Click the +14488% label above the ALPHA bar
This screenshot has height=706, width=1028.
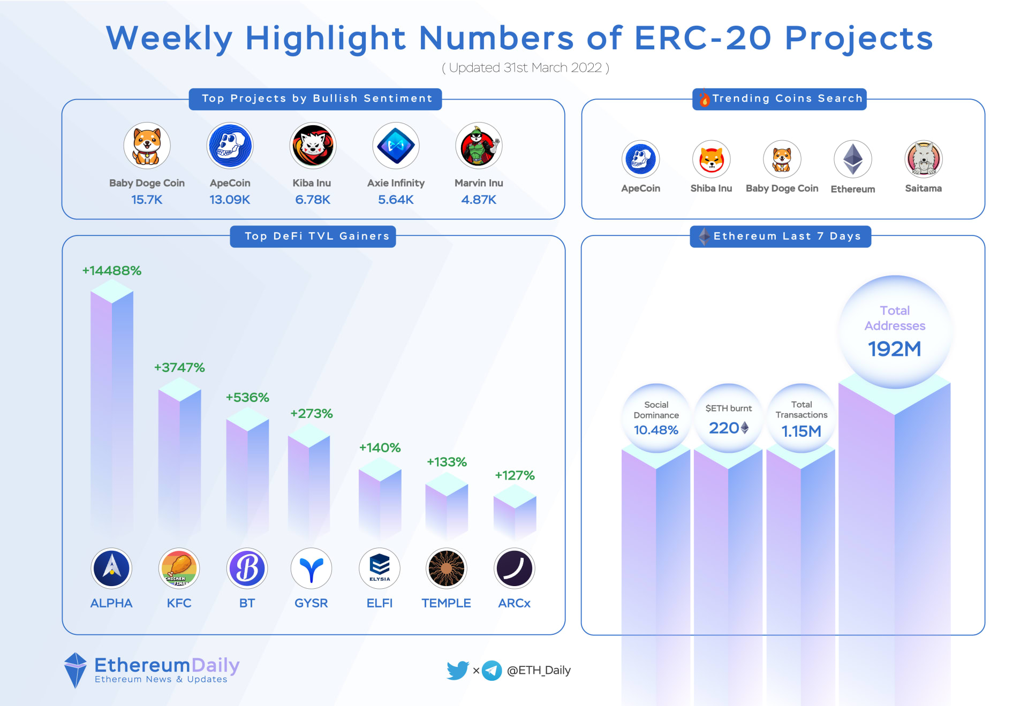tap(111, 271)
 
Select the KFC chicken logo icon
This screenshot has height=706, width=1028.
tap(179, 568)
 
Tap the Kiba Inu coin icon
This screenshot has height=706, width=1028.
tap(313, 146)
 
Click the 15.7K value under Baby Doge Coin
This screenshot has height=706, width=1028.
tap(147, 200)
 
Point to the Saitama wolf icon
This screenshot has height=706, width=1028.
tap(923, 159)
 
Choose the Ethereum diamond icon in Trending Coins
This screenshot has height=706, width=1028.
tap(852, 159)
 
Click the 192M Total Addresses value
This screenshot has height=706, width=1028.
tap(894, 349)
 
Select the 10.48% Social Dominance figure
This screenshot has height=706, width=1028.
tap(656, 430)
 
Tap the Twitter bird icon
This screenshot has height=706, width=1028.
tap(458, 670)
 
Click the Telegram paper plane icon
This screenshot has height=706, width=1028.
tap(492, 670)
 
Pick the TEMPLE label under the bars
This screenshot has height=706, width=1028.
tap(446, 603)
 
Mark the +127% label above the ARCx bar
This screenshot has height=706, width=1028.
tap(515, 475)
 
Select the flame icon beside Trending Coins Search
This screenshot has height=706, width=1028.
tap(704, 98)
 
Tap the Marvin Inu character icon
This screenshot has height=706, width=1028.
tap(479, 146)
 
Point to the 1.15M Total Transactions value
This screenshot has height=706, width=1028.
tap(801, 431)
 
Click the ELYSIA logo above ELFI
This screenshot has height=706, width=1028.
tap(380, 568)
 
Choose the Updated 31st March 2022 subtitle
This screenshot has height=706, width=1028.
tap(525, 68)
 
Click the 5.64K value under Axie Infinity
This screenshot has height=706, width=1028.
tap(396, 200)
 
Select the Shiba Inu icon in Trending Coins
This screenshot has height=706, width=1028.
tap(711, 159)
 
